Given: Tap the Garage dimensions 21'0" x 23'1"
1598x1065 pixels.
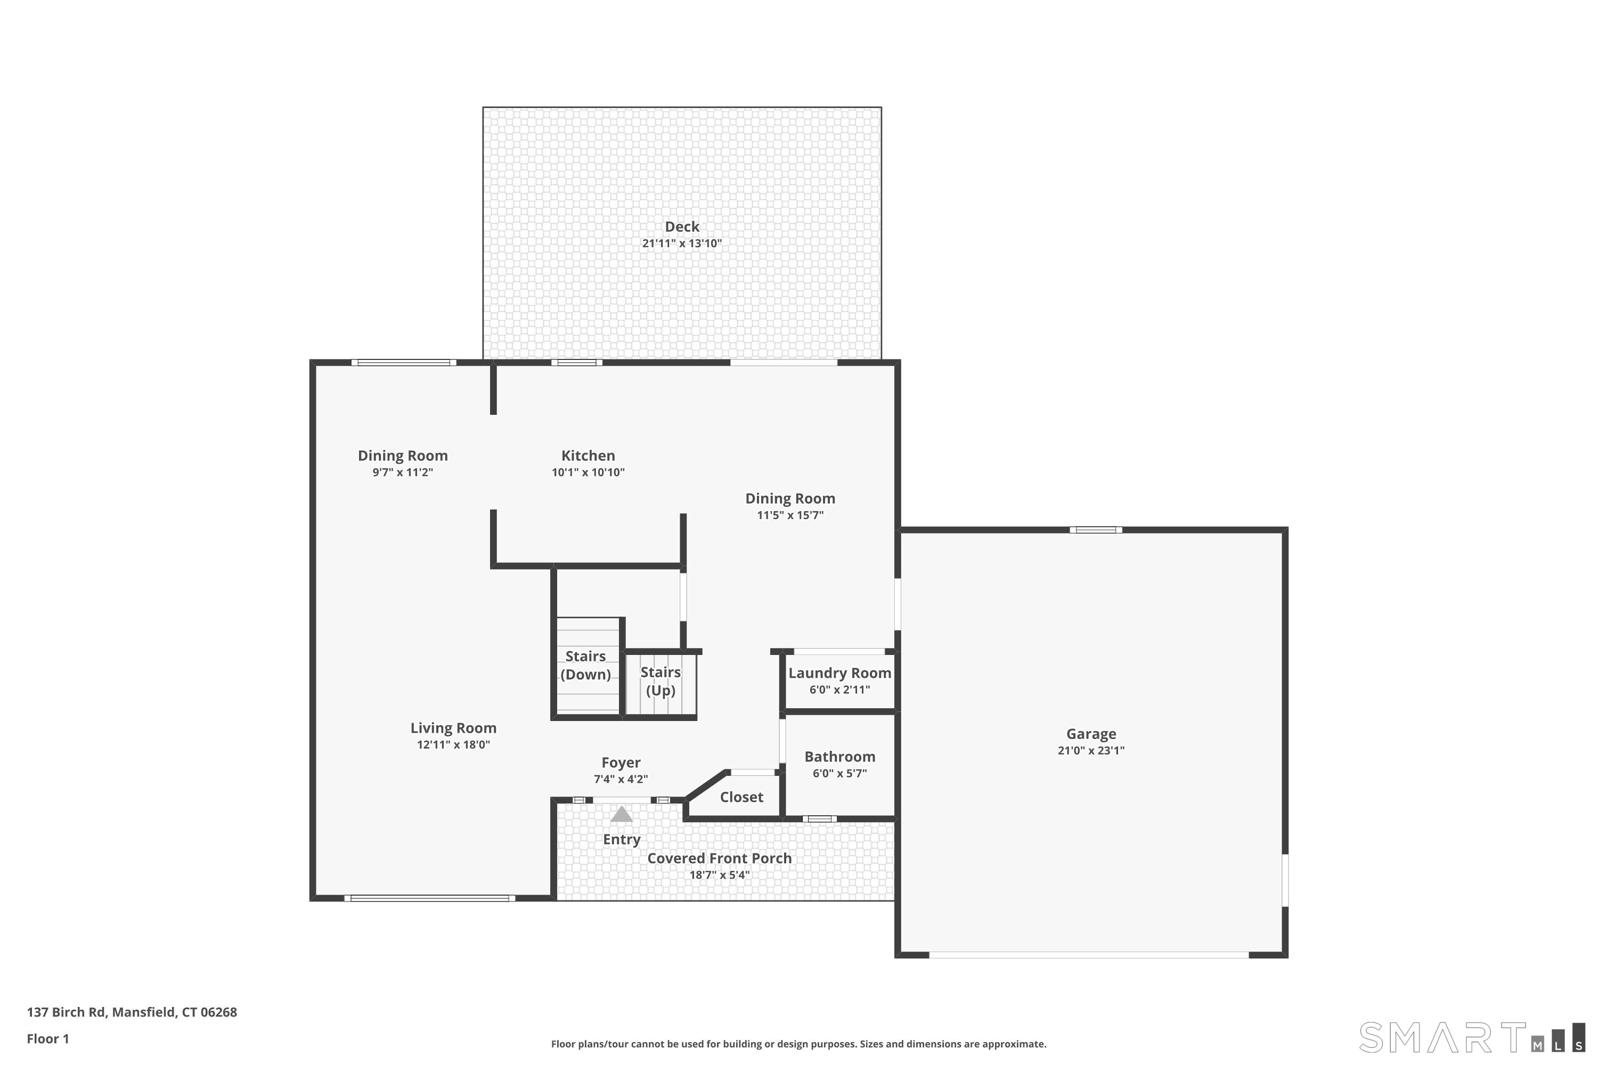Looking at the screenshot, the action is click(x=1090, y=750).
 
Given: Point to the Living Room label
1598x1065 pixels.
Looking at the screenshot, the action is click(x=453, y=728).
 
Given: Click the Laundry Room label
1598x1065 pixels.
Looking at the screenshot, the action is click(x=840, y=673).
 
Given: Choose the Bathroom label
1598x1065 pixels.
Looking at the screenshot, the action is click(x=840, y=757).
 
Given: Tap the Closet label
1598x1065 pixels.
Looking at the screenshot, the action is click(x=741, y=797).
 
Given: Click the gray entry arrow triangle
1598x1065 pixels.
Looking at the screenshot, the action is click(x=622, y=814).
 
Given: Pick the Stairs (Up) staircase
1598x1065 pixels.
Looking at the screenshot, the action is click(x=661, y=684).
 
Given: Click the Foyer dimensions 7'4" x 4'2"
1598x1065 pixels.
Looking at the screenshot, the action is click(x=621, y=780).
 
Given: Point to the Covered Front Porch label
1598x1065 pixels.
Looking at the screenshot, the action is click(x=720, y=858).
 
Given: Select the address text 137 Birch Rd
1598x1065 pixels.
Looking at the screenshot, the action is click(x=66, y=1012).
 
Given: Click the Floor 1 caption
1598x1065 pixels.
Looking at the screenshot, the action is click(x=47, y=1038).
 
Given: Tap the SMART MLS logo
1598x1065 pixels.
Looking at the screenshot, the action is click(x=1471, y=1037).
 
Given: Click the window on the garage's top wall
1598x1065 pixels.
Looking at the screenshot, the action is click(x=1096, y=530).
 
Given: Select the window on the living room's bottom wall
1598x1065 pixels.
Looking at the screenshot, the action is click(x=429, y=898).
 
